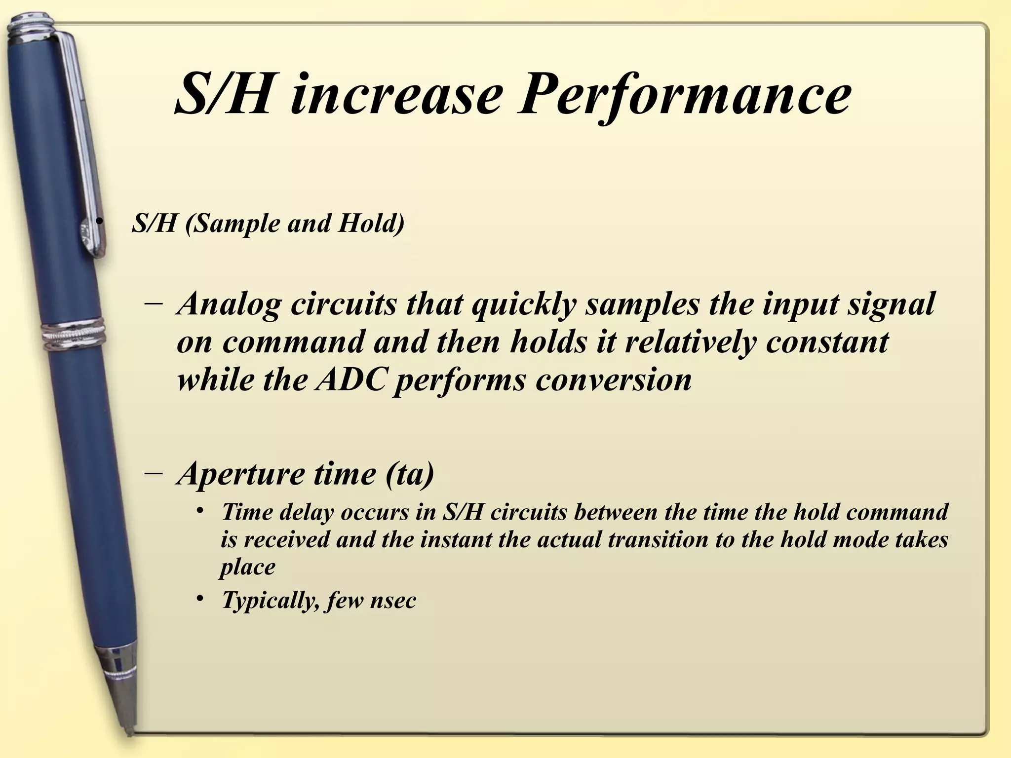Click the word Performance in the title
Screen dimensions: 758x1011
(684, 94)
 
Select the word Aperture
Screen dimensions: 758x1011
(241, 474)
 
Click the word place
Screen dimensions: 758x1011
(247, 567)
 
